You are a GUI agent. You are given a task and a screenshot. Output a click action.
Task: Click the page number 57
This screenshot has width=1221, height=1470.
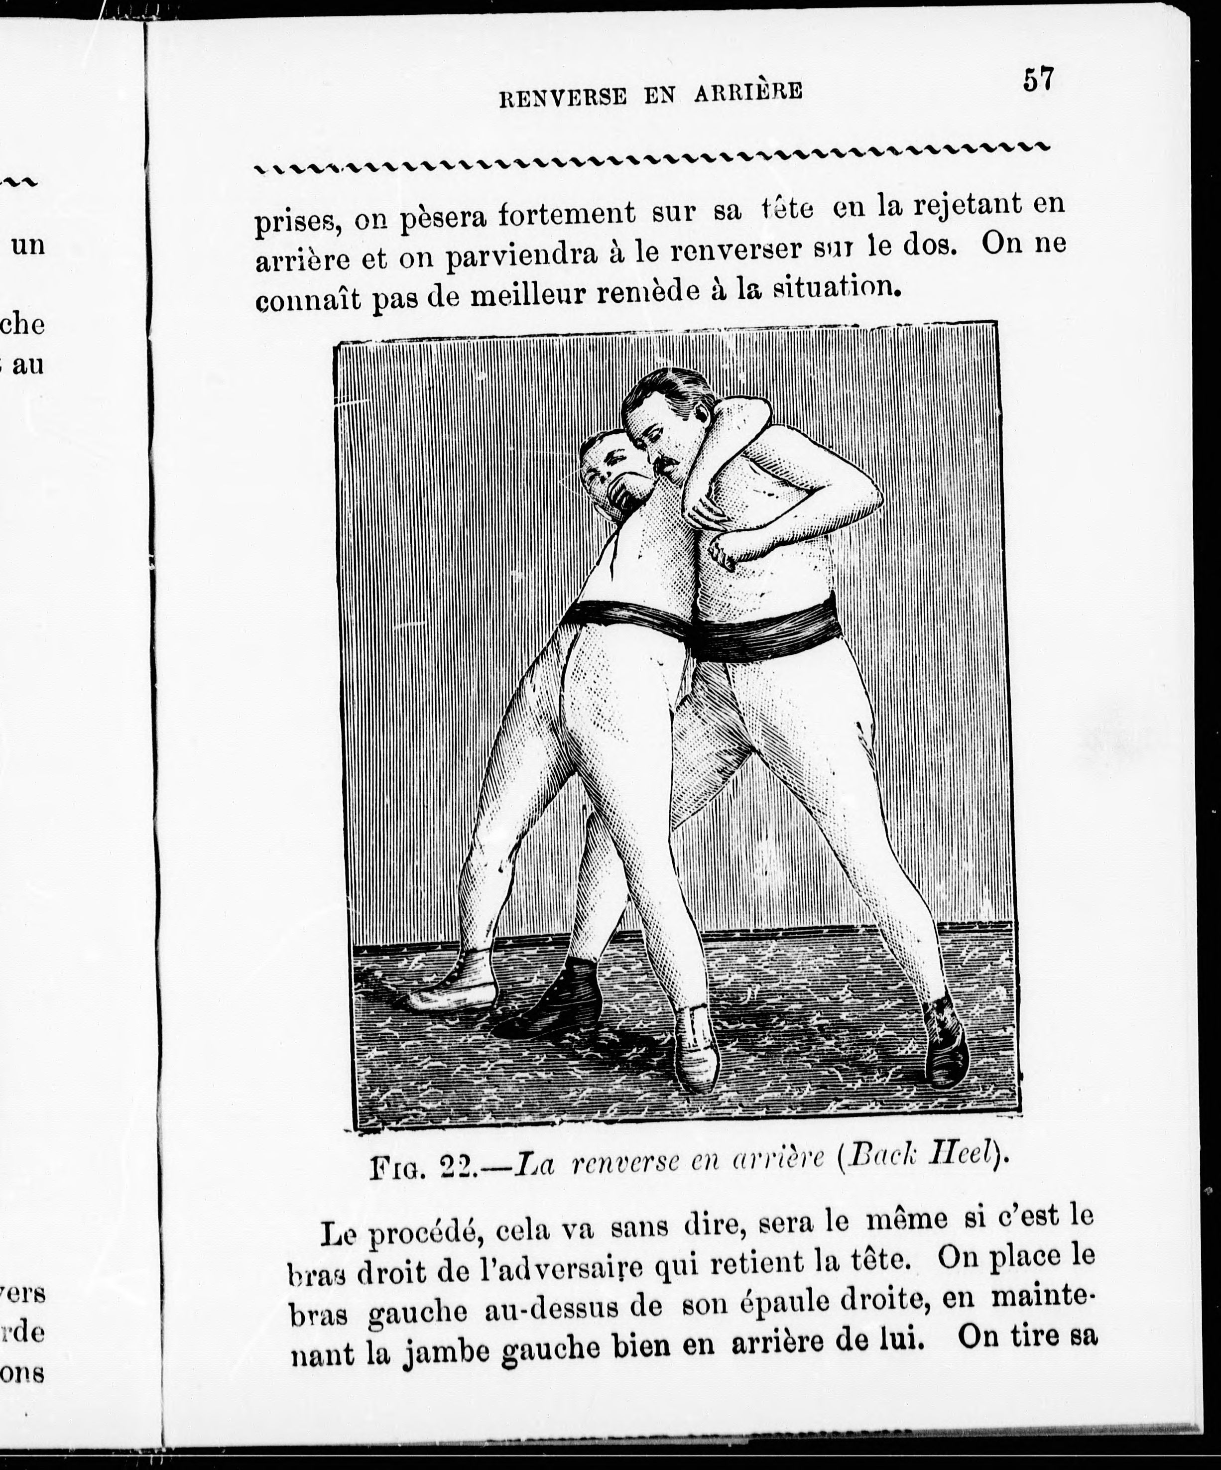tap(1038, 79)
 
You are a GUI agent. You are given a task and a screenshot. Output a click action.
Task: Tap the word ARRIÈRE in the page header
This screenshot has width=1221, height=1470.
tap(748, 93)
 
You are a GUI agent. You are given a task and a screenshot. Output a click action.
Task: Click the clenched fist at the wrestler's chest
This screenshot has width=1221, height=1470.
tap(727, 552)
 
